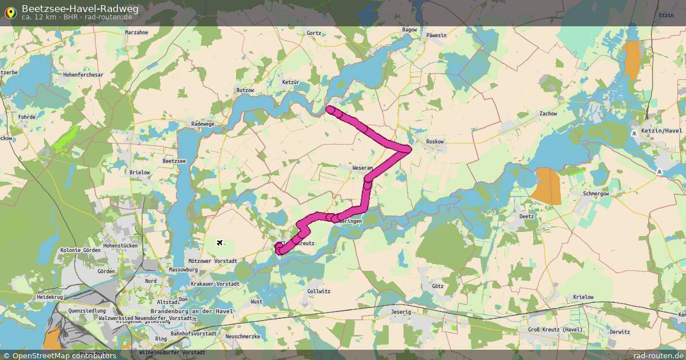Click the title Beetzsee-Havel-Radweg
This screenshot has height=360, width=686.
click(80, 8)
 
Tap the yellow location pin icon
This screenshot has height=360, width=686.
click(10, 13)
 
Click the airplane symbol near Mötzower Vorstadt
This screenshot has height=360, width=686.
click(220, 243)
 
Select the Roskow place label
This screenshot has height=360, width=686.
click(435, 142)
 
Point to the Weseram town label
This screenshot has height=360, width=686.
click(362, 169)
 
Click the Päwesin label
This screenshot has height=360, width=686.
click(436, 35)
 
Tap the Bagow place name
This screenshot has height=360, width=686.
click(410, 30)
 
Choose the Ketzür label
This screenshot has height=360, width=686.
click(291, 83)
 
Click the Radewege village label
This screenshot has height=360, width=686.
click(203, 123)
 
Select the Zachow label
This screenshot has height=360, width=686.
click(548, 114)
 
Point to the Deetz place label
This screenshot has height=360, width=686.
click(526, 217)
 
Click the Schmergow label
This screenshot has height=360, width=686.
click(596, 194)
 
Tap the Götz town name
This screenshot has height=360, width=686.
click(438, 286)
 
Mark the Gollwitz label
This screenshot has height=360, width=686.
click(318, 291)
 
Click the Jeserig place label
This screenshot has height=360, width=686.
click(401, 312)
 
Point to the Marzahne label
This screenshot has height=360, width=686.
click(136, 33)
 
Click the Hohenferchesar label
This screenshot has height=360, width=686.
click(83, 75)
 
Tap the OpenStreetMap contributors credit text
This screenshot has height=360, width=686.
click(64, 355)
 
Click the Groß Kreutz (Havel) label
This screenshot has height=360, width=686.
click(555, 330)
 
